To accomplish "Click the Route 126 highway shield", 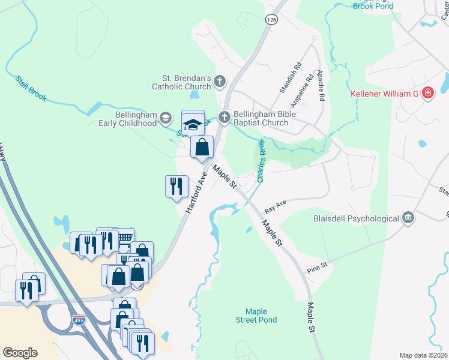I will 272,20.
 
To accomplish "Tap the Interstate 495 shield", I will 79,321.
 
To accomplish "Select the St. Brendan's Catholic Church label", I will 187,82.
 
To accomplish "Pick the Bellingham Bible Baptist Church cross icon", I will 224,117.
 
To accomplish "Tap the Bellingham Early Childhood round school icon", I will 164,119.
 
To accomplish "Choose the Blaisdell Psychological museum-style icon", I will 408,217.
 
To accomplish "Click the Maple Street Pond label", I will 261,316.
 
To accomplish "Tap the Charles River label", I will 261,161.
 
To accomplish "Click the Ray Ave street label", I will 277,205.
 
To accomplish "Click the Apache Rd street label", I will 321,85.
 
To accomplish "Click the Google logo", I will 20,353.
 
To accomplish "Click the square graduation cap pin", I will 193,124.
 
